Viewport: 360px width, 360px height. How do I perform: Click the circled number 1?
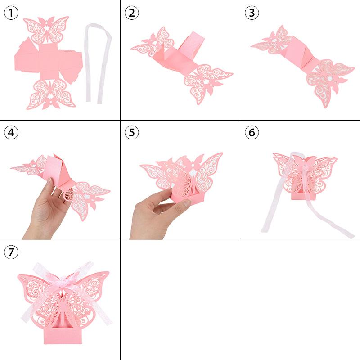(x=11, y=13)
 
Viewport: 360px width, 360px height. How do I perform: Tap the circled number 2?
(x=131, y=13)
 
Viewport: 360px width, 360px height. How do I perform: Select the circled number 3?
(x=252, y=13)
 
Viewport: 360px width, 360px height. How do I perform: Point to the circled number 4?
(x=11, y=133)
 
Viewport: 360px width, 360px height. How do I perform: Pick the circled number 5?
(x=131, y=133)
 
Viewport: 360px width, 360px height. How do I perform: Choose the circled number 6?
(x=252, y=133)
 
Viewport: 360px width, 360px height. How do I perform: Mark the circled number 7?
(x=11, y=253)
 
